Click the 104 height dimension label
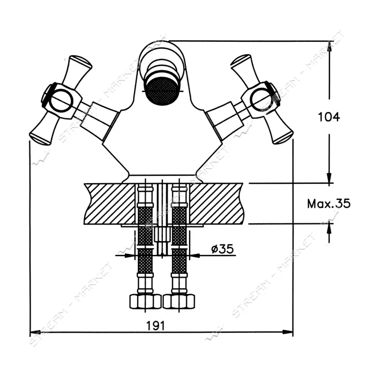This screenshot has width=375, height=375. click(x=328, y=117)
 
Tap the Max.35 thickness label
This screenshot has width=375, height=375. click(x=328, y=204)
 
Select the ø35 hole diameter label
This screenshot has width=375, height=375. click(x=222, y=249)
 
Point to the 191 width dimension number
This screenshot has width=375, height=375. click(x=156, y=326)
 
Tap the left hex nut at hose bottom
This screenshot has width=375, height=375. click(x=145, y=301)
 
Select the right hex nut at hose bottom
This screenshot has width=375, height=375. click(x=179, y=301)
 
